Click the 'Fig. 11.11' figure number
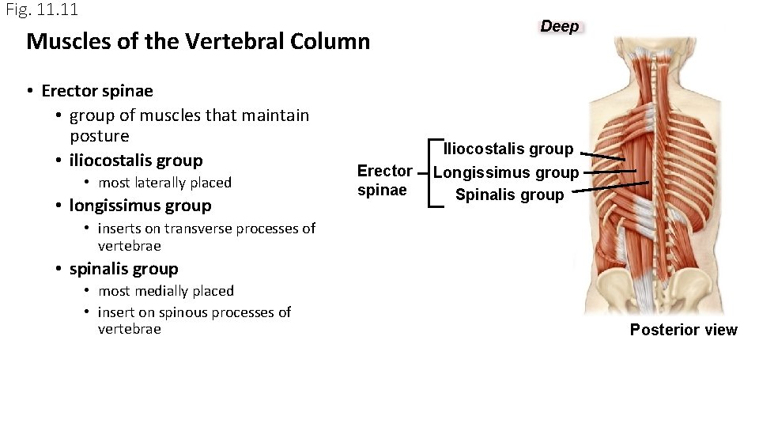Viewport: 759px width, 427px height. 42,10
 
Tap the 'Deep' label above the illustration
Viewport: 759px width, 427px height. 560,26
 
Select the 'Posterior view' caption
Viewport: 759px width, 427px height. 683,330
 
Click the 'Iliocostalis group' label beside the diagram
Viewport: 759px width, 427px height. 508,149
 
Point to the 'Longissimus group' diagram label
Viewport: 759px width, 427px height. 506,172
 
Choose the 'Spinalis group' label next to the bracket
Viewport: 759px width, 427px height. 509,195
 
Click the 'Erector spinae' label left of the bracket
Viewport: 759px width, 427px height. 384,180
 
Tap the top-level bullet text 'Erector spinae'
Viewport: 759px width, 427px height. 97,91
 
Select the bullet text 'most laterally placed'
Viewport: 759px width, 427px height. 164,183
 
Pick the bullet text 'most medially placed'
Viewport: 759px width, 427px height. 165,291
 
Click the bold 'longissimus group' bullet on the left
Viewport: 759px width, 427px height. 140,206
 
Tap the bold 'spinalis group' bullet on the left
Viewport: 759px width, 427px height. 123,269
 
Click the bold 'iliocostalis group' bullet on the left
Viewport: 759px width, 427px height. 136,161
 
